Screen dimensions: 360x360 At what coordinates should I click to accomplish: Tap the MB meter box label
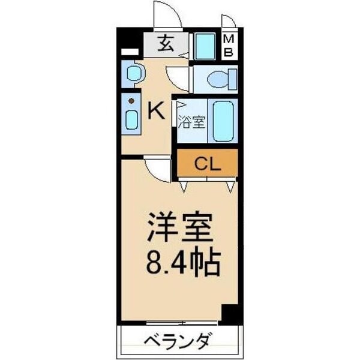point(229,46)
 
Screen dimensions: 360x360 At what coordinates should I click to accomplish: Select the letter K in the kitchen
point(155,110)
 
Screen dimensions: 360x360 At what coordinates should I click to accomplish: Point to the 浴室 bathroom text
point(192,120)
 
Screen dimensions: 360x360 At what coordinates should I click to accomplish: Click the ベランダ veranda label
point(178,343)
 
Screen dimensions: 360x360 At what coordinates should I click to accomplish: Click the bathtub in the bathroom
point(223,121)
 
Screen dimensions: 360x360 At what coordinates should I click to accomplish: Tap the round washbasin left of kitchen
point(133,74)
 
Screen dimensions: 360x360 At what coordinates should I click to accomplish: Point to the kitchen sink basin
point(131,120)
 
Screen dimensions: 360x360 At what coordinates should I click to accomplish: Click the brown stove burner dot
point(130,101)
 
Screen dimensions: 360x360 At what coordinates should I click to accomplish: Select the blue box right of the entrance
point(205,46)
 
